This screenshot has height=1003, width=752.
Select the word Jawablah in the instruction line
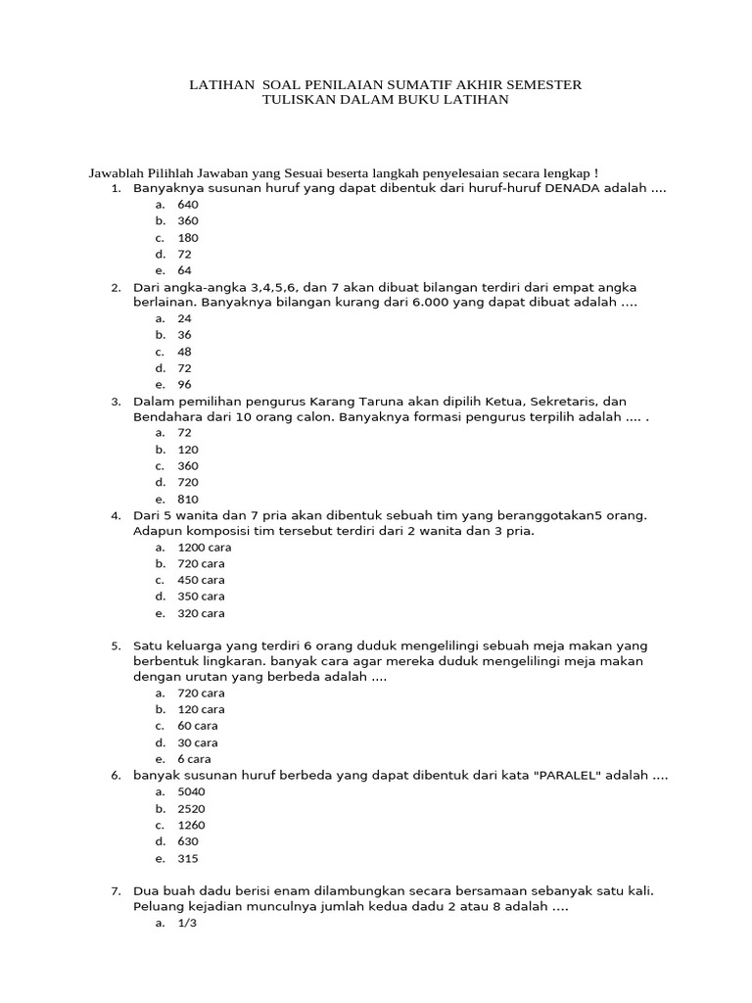(x=115, y=172)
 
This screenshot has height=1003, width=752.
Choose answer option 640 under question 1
(x=187, y=205)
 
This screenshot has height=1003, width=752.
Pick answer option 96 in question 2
(x=184, y=384)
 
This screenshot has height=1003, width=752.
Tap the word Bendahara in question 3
(x=164, y=416)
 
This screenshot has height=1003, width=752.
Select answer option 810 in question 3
(x=187, y=499)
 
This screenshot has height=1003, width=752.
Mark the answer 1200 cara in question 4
(x=205, y=548)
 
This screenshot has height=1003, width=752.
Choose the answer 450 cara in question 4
(x=202, y=580)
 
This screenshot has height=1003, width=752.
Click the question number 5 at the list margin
(x=115, y=646)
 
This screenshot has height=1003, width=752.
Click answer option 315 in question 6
(x=187, y=859)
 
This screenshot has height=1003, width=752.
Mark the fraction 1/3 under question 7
(x=187, y=923)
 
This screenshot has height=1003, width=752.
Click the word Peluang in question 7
(x=158, y=907)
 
